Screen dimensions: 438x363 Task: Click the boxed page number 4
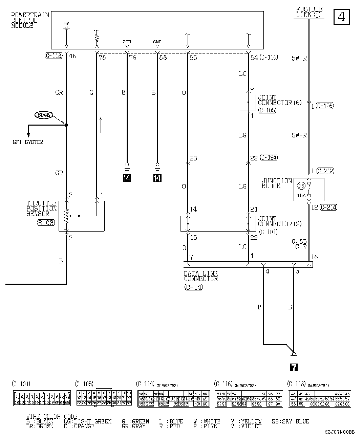(342, 17)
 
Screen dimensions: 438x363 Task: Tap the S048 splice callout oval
(44, 115)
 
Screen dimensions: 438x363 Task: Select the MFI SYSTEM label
(28, 142)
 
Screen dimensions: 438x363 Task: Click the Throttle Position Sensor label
(41, 209)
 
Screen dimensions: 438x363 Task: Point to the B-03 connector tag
(46, 223)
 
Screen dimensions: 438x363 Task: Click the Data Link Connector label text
(201, 276)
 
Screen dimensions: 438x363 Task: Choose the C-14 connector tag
(193, 287)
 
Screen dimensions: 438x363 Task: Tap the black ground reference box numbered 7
(294, 367)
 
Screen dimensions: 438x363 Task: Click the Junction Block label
(276, 183)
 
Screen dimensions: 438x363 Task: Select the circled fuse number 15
(301, 185)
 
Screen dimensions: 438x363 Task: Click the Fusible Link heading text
(309, 12)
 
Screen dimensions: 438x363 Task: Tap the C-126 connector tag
(325, 106)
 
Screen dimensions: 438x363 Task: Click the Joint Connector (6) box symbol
(248, 102)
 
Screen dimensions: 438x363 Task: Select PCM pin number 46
(72, 56)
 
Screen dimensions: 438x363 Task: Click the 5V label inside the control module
(66, 23)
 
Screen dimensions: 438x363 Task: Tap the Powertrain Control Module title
(30, 20)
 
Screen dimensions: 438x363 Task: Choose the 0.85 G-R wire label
(299, 244)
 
